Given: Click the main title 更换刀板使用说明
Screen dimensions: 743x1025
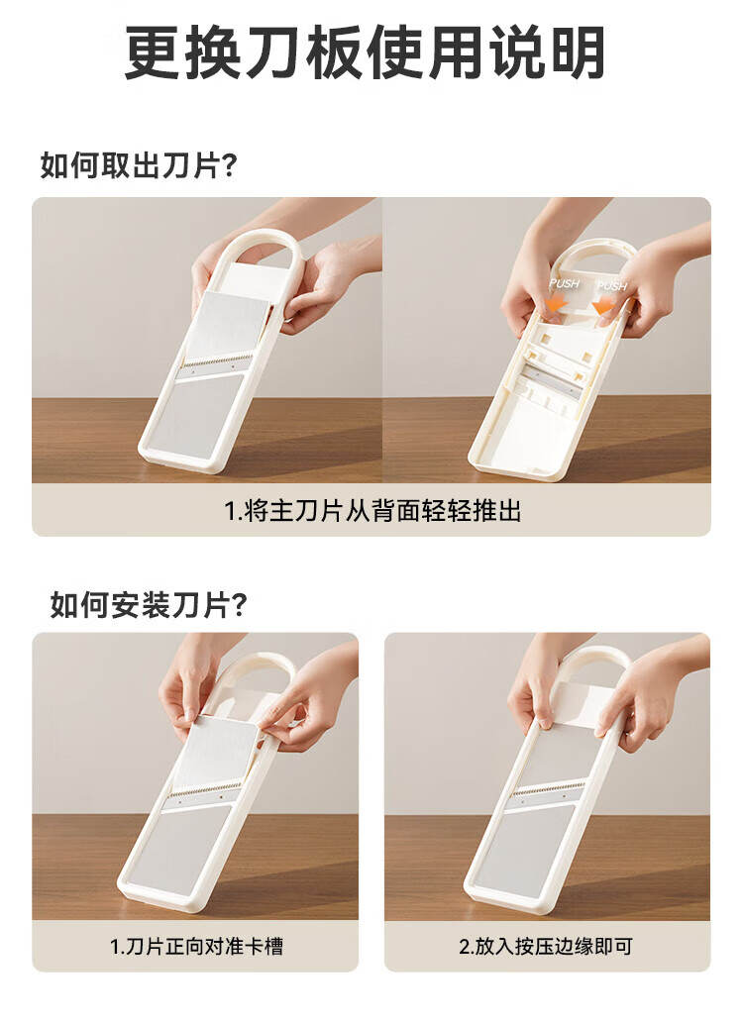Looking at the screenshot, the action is (x=365, y=52).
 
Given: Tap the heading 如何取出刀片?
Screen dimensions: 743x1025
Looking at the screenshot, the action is (x=138, y=165).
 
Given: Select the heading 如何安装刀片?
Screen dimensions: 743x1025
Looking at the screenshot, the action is (x=149, y=605).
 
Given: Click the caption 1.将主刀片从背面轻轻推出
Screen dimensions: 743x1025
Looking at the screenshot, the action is (x=372, y=511).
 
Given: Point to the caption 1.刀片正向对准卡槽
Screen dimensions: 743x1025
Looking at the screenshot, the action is (x=196, y=945).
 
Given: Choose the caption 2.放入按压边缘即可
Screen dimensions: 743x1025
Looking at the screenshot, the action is (x=546, y=945).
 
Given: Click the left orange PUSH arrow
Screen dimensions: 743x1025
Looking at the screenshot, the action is (x=556, y=303).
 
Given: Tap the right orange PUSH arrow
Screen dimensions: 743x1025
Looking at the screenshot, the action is (x=603, y=305).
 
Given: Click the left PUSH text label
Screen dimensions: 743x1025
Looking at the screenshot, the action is (x=565, y=283).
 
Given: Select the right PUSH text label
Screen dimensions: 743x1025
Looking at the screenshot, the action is (x=611, y=285).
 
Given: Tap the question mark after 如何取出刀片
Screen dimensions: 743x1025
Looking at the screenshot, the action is (x=229, y=166).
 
